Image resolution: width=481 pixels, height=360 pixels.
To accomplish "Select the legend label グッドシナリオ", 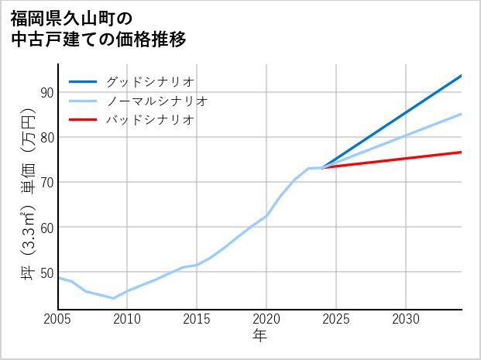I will point(149,81).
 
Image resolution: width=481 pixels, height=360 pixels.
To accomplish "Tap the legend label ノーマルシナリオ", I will point(156,101).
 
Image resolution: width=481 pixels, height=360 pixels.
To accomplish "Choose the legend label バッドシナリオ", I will point(149,120).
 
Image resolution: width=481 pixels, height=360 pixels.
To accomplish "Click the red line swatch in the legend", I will point(83,120).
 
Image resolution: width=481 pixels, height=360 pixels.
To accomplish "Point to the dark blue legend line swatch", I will point(83,81).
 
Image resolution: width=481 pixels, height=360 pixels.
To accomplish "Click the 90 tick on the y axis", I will point(46,92).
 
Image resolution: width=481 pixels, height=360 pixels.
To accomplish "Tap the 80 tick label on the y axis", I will point(46,137).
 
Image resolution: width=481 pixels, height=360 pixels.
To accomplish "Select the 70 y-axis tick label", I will point(46,182).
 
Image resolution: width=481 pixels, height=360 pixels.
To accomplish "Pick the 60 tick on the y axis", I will point(46,227).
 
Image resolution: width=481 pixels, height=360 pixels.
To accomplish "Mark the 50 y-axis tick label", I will point(46,272).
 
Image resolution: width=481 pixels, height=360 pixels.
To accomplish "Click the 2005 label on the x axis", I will point(58,319).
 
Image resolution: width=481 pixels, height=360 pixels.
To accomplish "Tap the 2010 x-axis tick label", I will point(127,319).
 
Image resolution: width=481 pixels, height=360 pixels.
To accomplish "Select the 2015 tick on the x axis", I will point(197,319).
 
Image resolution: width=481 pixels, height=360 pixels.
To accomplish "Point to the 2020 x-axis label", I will point(266,319).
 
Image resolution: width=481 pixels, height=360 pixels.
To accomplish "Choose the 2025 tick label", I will point(336,319).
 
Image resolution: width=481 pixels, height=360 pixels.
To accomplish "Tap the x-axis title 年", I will point(259,336).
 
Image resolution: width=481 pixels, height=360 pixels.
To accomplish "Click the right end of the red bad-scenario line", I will point(461,152).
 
